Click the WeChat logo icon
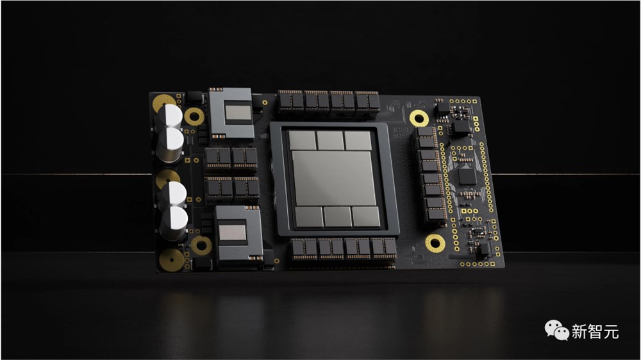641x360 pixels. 556,330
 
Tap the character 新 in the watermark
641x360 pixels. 579,331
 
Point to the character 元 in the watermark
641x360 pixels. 611,331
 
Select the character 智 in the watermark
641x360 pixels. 595,331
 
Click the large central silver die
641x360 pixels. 333,178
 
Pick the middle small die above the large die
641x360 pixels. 330,140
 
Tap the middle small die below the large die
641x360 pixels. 337,217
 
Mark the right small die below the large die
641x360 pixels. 366,217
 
